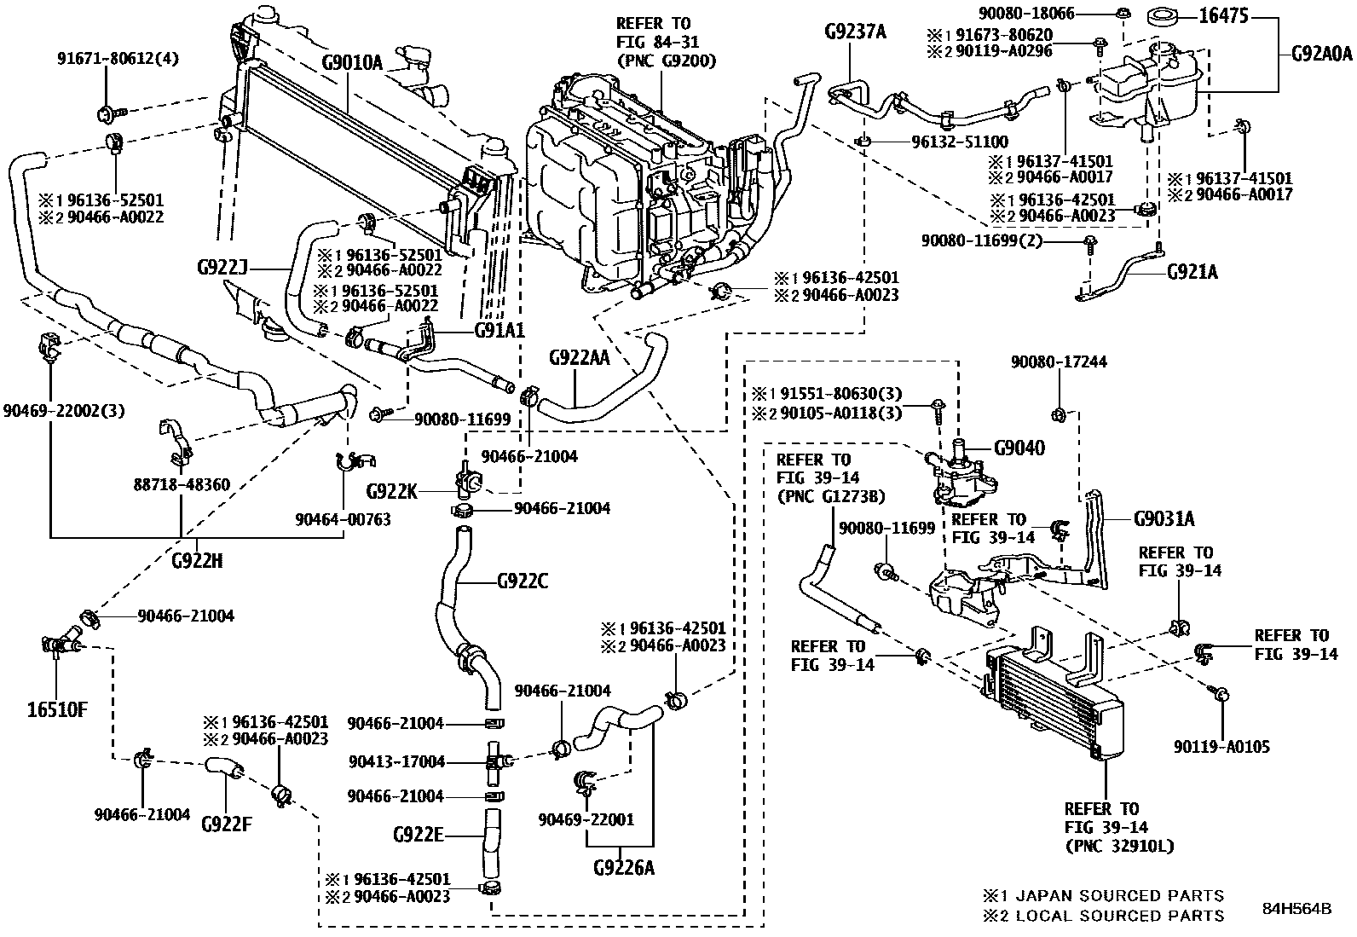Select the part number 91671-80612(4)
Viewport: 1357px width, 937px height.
(118, 59)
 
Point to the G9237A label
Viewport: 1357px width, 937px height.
(855, 33)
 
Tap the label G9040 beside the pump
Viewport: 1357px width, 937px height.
(1019, 448)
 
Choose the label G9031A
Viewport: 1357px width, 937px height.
(1164, 519)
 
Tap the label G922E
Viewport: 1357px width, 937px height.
(419, 835)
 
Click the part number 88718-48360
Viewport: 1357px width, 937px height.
(181, 484)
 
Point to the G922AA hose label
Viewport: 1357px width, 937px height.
(579, 357)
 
